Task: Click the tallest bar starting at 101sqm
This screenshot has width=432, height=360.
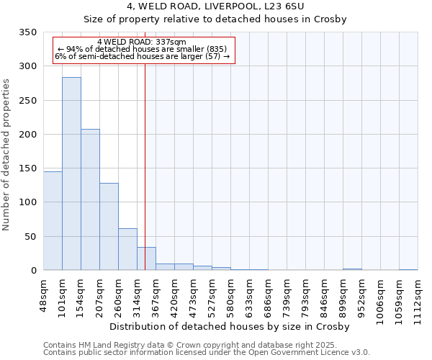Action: click(x=71, y=174)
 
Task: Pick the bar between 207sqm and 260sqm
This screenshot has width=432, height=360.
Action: click(x=109, y=227)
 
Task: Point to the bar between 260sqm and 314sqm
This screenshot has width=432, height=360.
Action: click(x=127, y=249)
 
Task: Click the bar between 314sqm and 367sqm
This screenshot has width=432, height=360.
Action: click(x=146, y=258)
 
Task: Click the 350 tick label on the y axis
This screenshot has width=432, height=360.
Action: click(x=28, y=32)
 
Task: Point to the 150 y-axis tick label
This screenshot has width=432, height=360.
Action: click(x=28, y=168)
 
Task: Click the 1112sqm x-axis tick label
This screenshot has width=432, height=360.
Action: click(x=418, y=296)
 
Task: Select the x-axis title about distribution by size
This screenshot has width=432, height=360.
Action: click(x=230, y=326)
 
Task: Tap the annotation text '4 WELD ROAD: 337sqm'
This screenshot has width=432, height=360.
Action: click(x=142, y=42)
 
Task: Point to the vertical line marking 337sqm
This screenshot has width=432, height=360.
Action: click(x=145, y=158)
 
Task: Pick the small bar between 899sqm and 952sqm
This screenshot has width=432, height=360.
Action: click(x=352, y=269)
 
